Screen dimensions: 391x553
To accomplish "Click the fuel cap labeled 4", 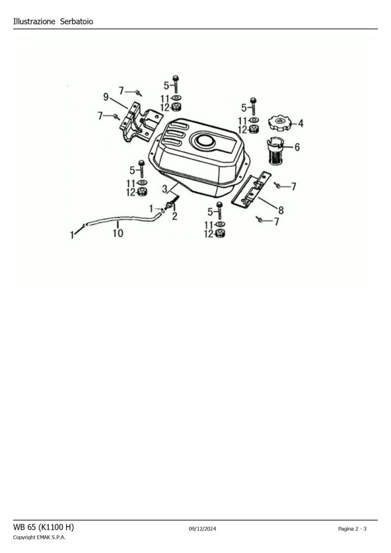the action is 280,123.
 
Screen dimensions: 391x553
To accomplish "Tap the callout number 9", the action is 106,97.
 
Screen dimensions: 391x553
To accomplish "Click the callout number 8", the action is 281,211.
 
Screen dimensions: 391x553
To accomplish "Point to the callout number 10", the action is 118,233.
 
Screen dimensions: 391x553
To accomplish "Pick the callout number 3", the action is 165,189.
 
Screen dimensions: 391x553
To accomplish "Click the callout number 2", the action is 175,216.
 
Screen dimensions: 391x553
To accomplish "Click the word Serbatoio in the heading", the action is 77,22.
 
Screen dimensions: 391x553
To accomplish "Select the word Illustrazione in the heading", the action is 34,22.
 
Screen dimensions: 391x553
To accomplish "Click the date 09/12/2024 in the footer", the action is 203,529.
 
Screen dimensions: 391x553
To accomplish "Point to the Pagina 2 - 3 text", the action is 352,529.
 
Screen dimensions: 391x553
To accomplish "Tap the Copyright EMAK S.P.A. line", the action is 39,537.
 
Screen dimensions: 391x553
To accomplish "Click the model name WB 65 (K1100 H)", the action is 43,527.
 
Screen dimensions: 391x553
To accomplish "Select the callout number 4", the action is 301,123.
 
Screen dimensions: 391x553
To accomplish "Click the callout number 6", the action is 297,147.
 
